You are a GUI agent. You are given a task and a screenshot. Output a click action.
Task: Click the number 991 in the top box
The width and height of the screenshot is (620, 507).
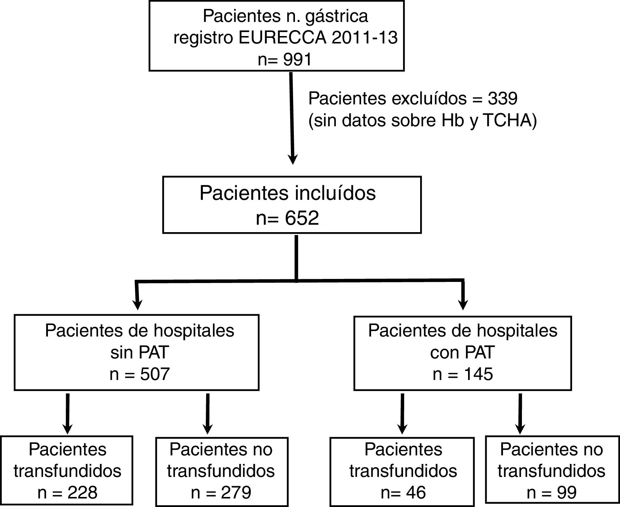[297, 59]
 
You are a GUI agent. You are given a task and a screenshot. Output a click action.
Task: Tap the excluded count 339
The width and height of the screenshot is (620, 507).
[503, 98]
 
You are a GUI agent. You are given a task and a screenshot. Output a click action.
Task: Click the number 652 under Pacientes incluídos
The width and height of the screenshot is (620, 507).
[302, 218]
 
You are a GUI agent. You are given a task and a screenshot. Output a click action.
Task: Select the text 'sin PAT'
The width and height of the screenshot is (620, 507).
[140, 352]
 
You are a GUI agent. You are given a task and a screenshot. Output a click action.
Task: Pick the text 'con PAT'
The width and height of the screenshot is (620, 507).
[462, 352]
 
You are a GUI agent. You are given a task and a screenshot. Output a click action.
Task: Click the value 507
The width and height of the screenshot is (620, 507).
[155, 374]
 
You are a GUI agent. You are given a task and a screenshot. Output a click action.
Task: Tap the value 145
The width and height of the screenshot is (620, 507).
[478, 374]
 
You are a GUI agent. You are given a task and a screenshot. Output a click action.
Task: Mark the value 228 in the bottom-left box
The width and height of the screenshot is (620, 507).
[82, 493]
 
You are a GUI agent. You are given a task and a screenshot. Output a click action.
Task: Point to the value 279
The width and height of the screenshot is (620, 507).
[236, 493]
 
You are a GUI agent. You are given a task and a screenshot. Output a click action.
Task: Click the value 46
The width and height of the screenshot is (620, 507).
[416, 493]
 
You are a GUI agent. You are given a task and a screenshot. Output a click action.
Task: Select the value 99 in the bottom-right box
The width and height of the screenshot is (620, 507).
[567, 493]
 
